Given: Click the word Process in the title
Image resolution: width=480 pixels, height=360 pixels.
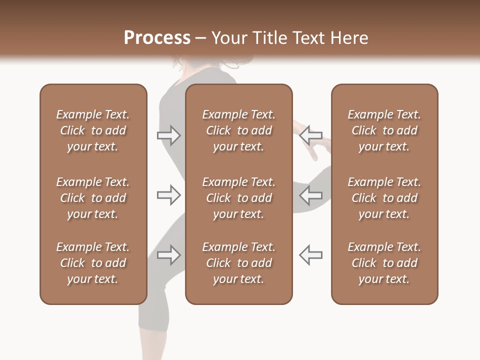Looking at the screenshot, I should (x=157, y=38).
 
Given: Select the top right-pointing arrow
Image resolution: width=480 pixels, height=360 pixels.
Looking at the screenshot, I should (x=169, y=135).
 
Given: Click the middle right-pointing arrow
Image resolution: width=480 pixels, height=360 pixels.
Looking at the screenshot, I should (x=169, y=195).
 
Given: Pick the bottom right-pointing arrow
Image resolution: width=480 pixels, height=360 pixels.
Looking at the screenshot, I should (x=169, y=255).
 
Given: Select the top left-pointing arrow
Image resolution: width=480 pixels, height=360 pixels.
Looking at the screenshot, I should (x=311, y=135).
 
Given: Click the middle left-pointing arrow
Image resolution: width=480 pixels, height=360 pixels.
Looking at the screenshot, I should (x=311, y=195).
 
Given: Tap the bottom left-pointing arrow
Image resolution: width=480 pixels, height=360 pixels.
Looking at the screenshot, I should (x=311, y=255).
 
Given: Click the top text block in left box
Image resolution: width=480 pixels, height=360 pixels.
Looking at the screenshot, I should (x=93, y=130).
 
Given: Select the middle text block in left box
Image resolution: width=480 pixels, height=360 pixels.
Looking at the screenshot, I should (x=93, y=198).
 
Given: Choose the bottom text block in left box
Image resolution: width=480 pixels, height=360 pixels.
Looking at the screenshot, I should (x=93, y=263).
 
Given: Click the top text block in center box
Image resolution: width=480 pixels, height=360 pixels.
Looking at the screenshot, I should (x=238, y=130).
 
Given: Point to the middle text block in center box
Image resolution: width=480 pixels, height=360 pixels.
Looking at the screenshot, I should (x=238, y=198).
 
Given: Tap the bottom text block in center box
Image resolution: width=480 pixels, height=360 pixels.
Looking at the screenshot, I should (x=238, y=263).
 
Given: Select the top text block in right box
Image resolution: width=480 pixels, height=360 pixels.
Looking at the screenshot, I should (x=384, y=130).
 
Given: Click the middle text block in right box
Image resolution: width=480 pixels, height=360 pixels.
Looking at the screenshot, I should (x=384, y=198).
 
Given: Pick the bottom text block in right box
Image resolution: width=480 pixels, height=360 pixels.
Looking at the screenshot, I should (x=384, y=263).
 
